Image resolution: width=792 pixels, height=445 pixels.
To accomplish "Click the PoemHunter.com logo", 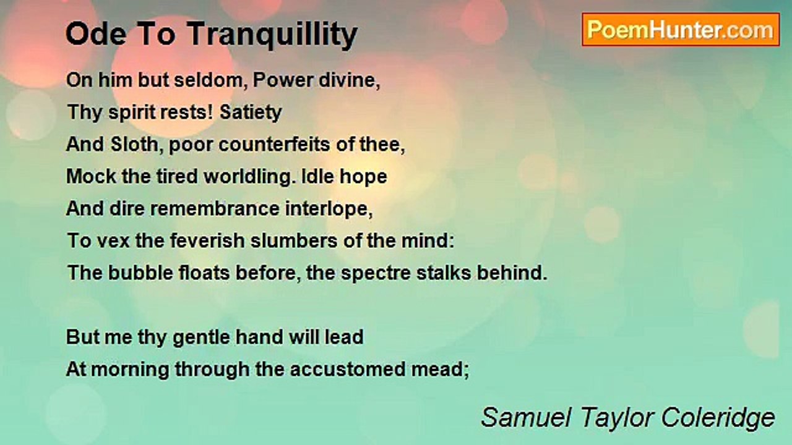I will (680, 30).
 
